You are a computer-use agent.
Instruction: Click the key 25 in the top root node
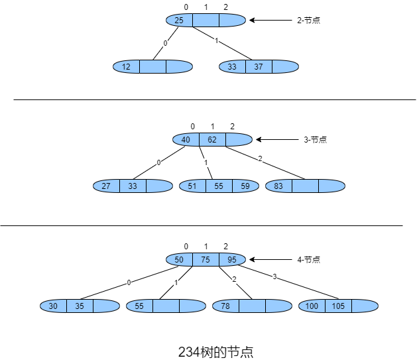point(179,20)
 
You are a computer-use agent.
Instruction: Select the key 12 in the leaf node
point(126,67)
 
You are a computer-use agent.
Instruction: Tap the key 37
point(259,67)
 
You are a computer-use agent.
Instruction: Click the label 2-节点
point(308,20)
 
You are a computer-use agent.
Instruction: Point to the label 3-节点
point(315,140)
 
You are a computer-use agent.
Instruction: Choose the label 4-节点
point(308,259)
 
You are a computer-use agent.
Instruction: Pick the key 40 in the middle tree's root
point(186,140)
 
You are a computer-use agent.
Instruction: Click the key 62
point(212,140)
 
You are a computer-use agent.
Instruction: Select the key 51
point(192,186)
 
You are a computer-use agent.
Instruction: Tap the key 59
point(245,186)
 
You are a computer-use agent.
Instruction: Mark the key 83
point(278,186)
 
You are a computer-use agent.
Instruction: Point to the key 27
point(106,186)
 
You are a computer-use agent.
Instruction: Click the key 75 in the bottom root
point(206,259)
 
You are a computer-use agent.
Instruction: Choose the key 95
point(232,259)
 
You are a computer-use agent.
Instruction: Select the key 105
point(338,306)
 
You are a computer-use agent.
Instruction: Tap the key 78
point(225,306)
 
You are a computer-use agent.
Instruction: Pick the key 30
point(53,306)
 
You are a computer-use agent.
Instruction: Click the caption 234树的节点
point(215,352)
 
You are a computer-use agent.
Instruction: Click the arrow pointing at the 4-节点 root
point(270,259)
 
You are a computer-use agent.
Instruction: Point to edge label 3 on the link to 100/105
point(274,276)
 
